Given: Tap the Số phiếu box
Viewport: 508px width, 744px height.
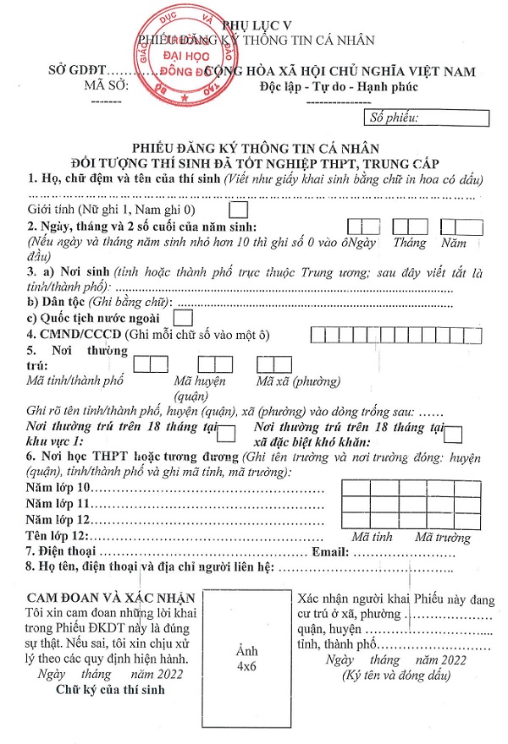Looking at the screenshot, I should [x=426, y=118].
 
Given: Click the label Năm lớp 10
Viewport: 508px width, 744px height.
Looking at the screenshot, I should [x=58, y=489].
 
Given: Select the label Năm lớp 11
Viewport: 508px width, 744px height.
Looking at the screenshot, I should [x=58, y=504].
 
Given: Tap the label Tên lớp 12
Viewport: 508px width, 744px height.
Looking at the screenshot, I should [x=57, y=537].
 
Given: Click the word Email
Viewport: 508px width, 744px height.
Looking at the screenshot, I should [x=331, y=552].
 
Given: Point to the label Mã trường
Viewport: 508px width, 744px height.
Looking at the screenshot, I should [x=442, y=538].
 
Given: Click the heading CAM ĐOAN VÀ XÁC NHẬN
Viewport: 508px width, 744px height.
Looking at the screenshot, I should [x=111, y=596].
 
